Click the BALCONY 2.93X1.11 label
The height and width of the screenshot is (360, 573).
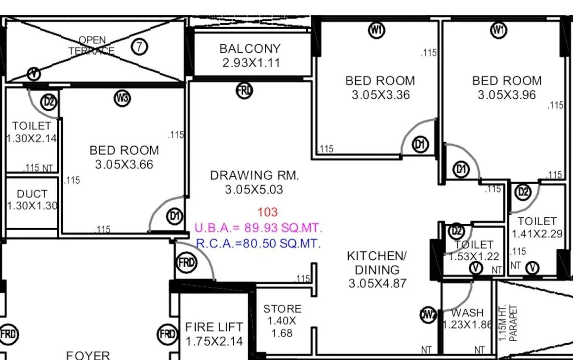point(250,55)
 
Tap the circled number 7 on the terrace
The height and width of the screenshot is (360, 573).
point(140,47)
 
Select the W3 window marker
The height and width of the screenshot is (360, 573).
point(123,99)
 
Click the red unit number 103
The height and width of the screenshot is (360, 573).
point(268,212)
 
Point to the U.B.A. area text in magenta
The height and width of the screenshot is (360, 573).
point(258,228)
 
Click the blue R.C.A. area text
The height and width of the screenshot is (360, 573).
point(258,243)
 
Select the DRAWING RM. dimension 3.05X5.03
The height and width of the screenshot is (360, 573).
point(254,190)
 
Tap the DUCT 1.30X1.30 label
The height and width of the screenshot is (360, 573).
point(32,200)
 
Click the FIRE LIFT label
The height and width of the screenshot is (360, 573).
point(214,333)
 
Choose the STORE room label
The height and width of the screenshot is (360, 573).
point(282,320)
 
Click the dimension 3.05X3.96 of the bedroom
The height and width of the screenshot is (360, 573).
point(507,95)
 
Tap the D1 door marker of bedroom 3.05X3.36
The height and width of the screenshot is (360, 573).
point(420,145)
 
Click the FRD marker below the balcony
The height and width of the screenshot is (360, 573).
point(244,91)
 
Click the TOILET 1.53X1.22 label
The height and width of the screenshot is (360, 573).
point(474,250)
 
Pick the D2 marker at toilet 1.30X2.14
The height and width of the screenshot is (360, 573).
point(49,102)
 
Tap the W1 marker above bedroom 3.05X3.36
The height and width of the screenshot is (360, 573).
point(376,30)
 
